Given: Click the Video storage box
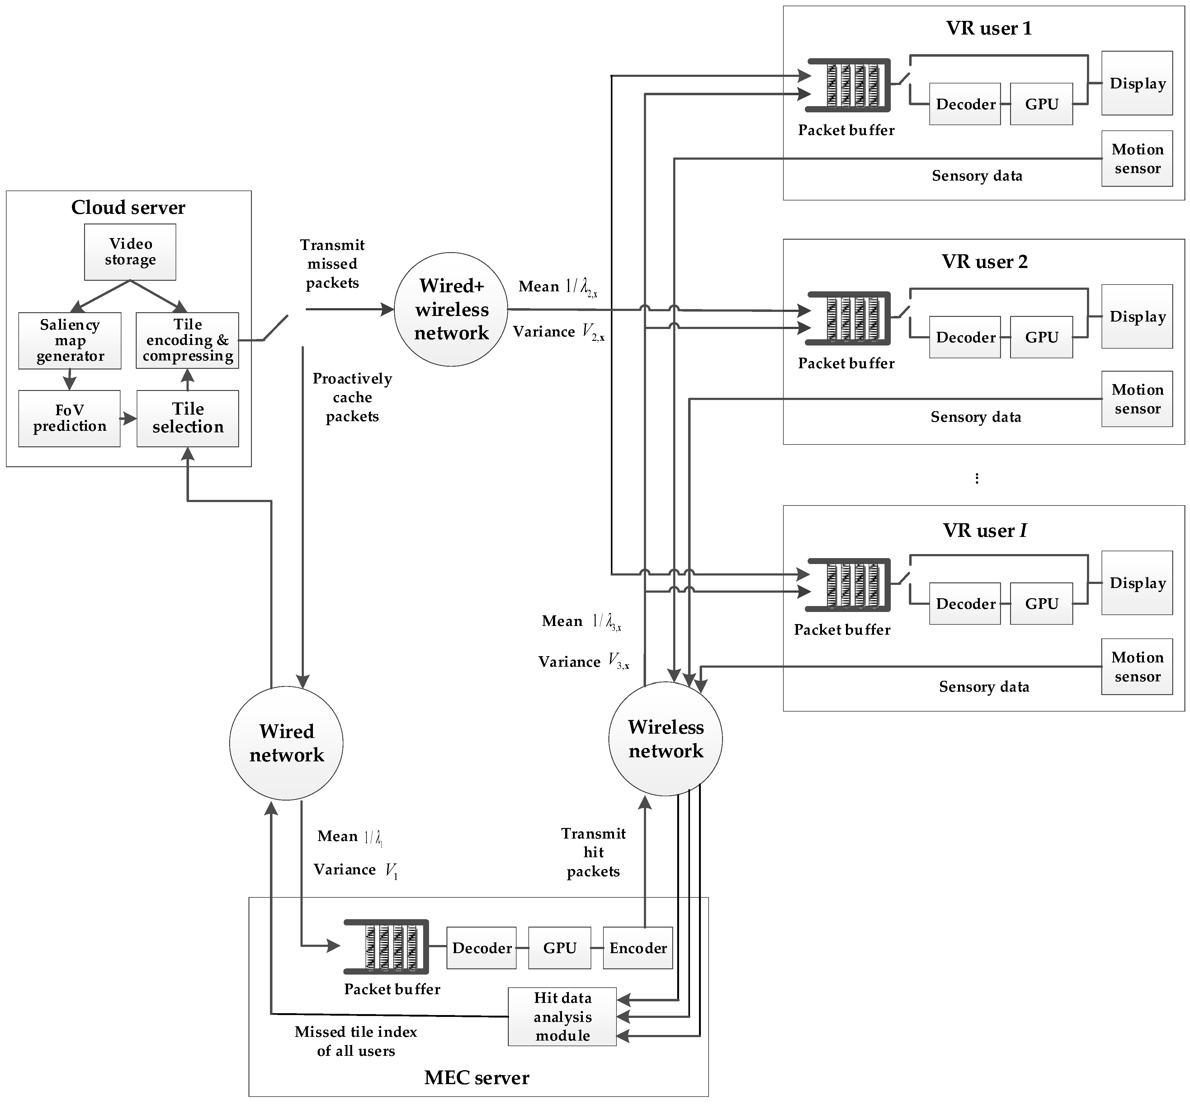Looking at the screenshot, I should point(130,252).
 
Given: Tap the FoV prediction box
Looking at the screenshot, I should point(69,418).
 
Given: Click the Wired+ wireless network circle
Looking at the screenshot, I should point(451,309).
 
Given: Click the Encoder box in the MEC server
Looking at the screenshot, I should point(637,948).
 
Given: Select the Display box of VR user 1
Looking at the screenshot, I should point(1137,83).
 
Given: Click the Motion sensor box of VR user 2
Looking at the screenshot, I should point(1137,399).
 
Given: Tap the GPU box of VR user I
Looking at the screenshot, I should point(1041,603).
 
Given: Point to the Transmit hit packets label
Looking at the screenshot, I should point(593,852).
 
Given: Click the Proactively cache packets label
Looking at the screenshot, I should point(352,397).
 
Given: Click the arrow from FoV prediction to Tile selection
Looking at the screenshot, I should point(128,419).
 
